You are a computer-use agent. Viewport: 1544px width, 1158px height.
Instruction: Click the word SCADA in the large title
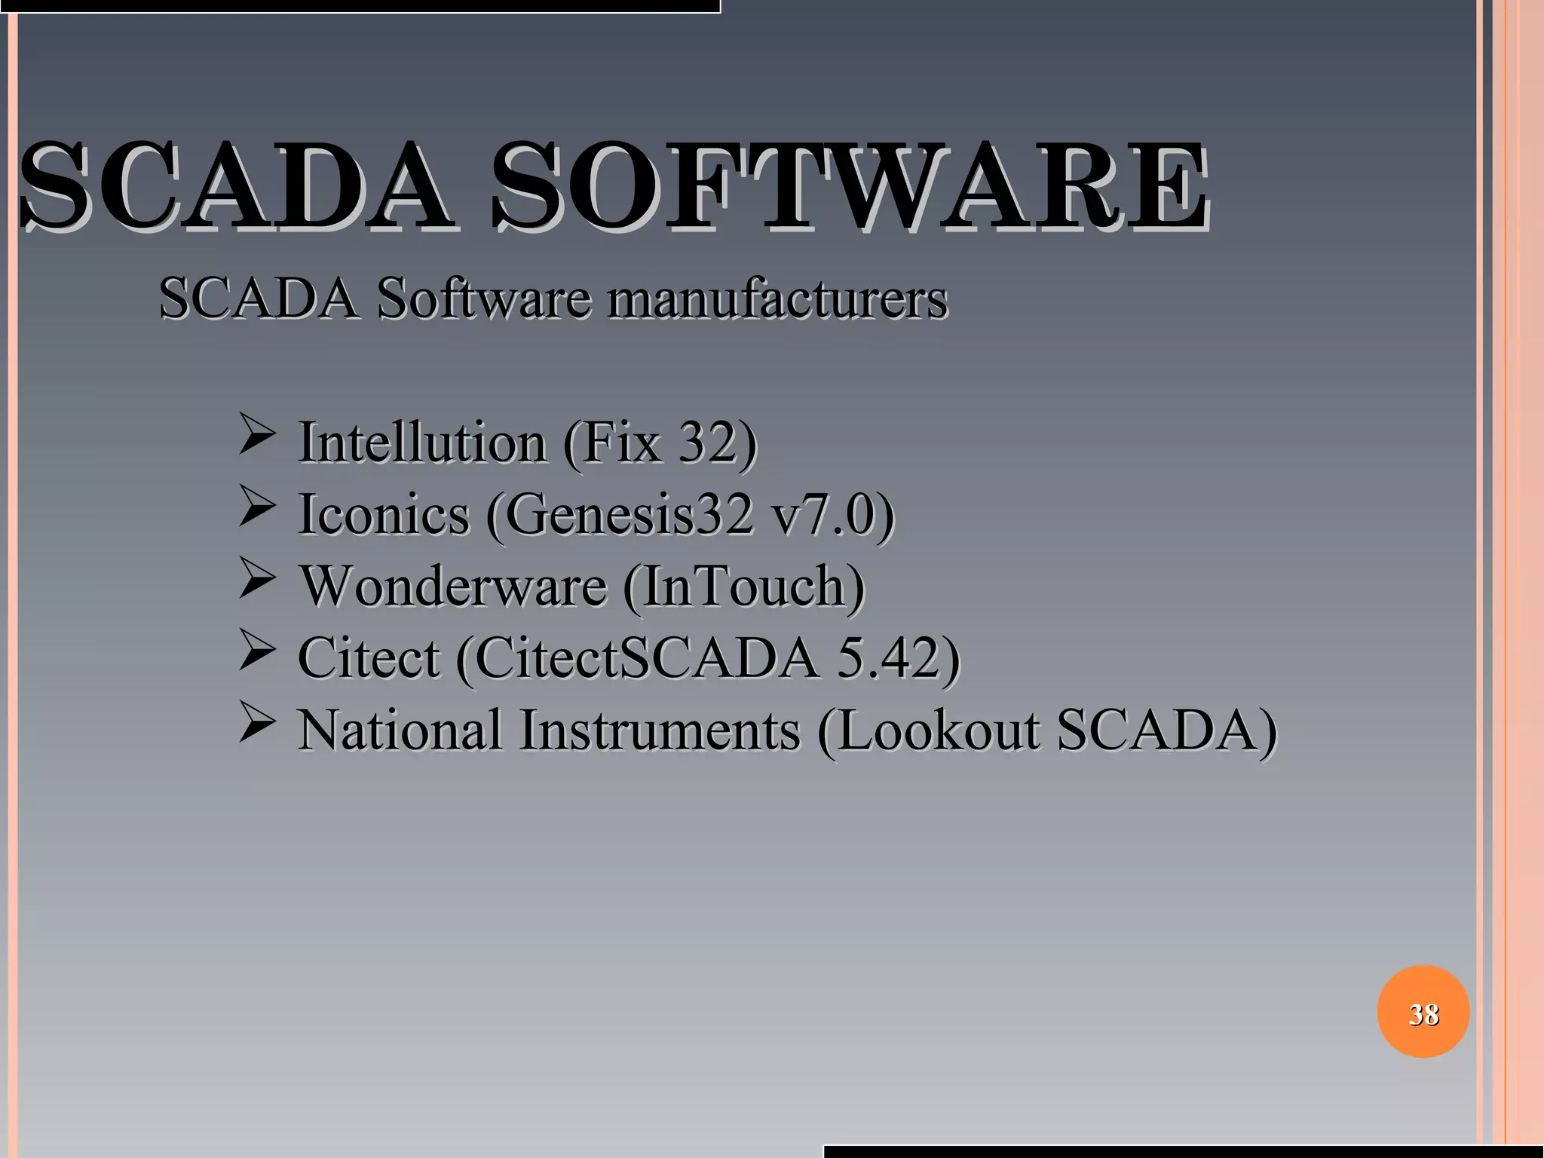pos(234,187)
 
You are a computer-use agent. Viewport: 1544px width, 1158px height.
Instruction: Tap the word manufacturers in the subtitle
pos(778,299)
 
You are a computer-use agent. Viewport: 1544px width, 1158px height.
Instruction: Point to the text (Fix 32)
pos(660,443)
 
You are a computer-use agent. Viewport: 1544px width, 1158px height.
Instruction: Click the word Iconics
pos(384,515)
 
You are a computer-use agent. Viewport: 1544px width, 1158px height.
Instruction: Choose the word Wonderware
pos(453,587)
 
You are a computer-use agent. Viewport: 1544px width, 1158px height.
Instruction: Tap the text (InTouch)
pos(743,587)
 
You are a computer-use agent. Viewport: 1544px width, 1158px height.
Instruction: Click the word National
pos(400,730)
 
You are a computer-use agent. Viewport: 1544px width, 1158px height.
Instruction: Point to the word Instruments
pos(660,730)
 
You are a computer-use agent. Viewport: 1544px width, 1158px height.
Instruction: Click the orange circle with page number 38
pos(1423,1012)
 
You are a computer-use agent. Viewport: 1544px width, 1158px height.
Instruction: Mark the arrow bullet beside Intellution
pos(256,436)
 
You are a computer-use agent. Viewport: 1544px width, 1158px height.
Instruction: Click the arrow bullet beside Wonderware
pos(256,580)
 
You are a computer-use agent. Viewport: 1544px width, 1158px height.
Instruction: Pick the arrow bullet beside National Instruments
pos(256,723)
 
